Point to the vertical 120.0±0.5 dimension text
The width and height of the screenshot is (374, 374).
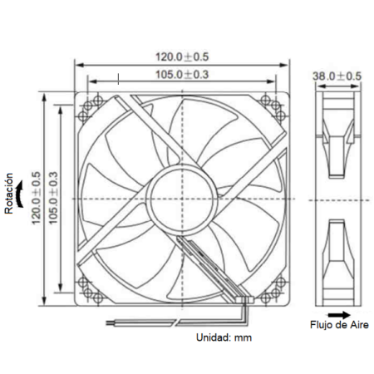click(x=36, y=196)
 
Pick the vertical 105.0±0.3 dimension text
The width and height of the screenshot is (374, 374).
click(x=52, y=196)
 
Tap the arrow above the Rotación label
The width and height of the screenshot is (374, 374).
click(x=10, y=166)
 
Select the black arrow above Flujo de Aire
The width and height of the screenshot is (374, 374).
click(x=337, y=314)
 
